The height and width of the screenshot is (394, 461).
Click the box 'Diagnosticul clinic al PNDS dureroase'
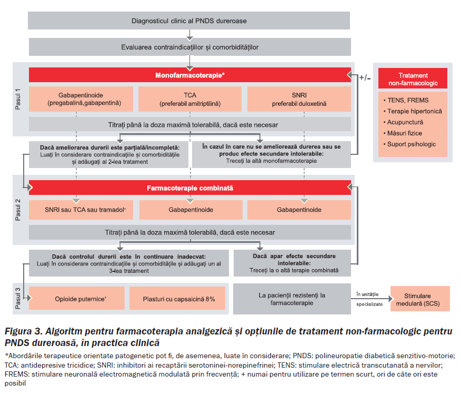(189, 21)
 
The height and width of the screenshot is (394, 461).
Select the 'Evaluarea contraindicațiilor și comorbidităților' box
(189, 47)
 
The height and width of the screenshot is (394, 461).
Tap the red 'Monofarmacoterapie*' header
(189, 75)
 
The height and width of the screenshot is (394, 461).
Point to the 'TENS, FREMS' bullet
(407, 100)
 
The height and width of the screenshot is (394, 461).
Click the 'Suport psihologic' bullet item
(411, 144)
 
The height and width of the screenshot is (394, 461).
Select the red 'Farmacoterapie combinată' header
(189, 188)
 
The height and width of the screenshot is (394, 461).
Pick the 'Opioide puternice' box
(77, 299)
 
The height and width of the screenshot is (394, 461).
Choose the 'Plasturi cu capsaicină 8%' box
(178, 299)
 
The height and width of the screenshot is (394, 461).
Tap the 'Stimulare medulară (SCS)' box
(419, 299)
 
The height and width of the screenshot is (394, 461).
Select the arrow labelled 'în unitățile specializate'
(370, 298)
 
